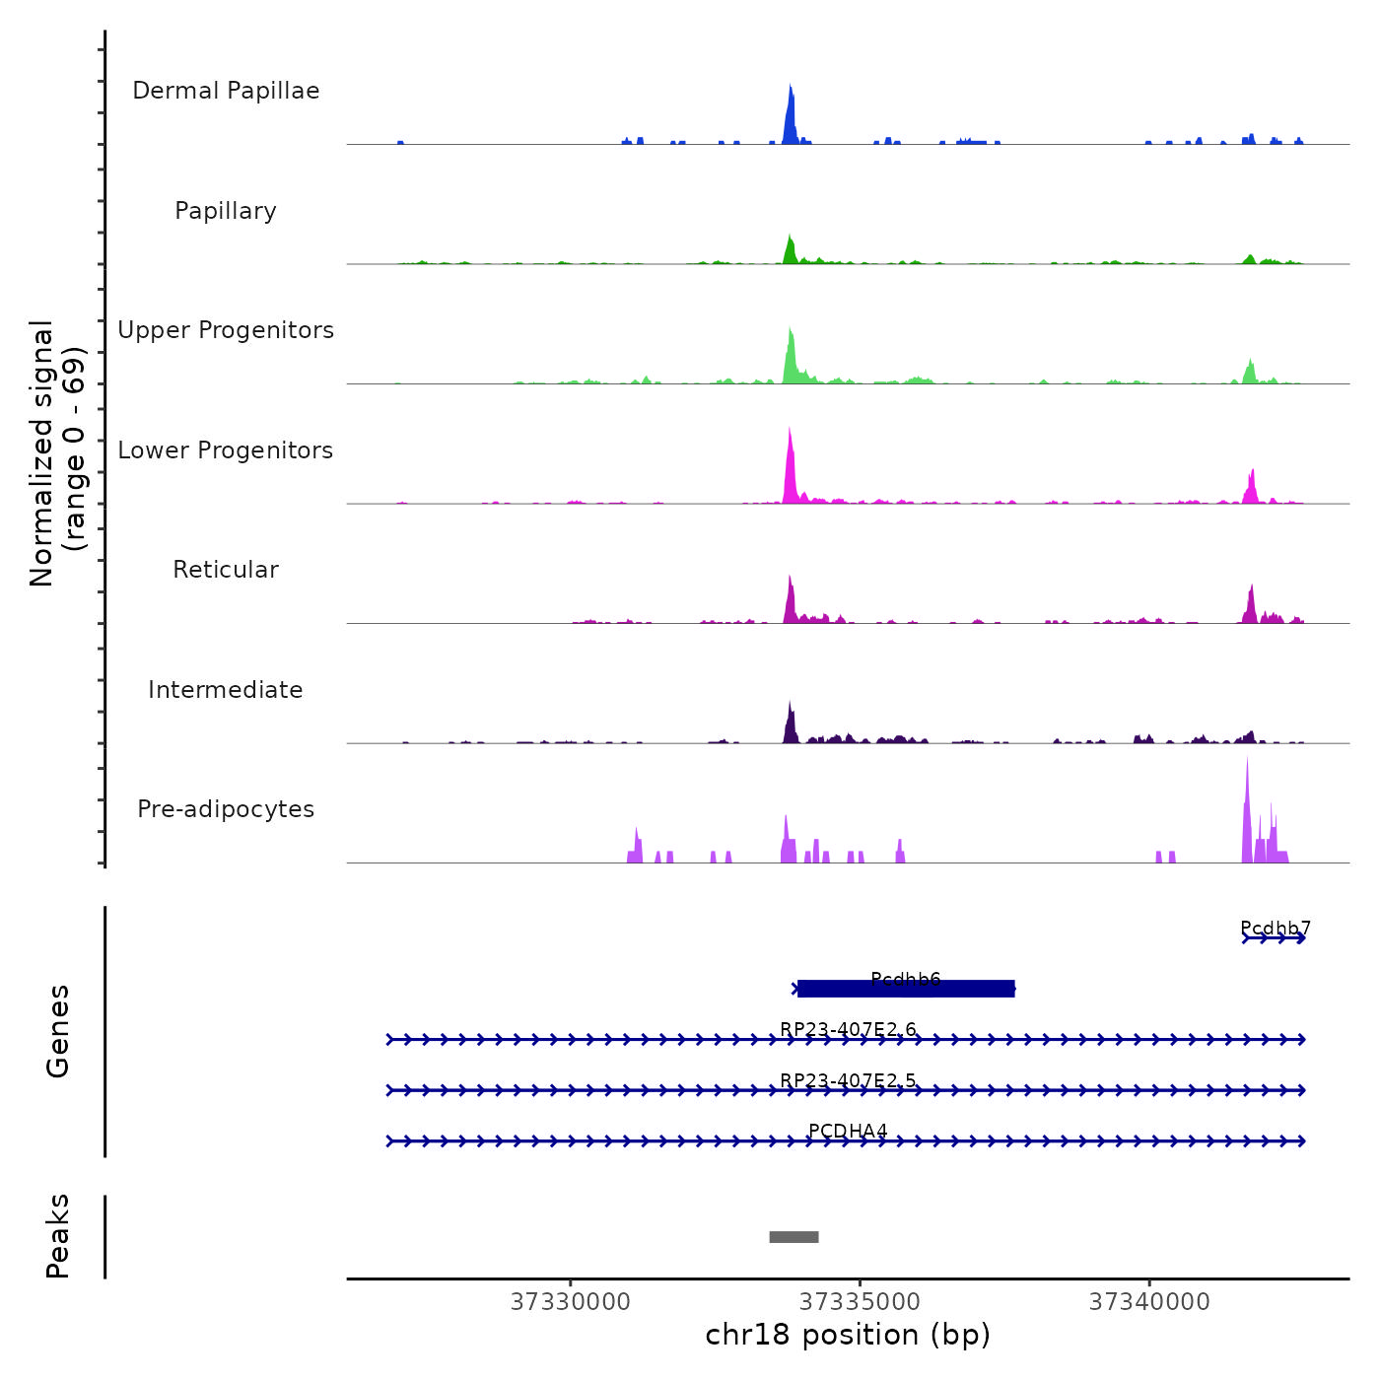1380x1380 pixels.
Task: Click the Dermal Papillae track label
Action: tap(226, 91)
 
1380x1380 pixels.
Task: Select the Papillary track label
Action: tap(226, 211)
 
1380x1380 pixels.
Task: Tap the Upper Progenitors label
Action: tap(226, 330)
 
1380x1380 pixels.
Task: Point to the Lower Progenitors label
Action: tap(226, 450)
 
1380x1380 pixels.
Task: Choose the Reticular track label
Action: tap(226, 570)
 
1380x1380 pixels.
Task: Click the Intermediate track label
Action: tap(226, 690)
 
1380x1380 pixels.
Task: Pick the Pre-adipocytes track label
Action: tap(226, 809)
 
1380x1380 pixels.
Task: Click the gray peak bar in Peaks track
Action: tap(793, 1237)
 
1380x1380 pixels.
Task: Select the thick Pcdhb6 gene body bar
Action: tap(906, 989)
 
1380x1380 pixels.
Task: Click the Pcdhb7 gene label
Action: tap(1275, 928)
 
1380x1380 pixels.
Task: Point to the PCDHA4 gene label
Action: tap(848, 1131)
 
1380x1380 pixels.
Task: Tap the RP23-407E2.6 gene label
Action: tap(848, 1029)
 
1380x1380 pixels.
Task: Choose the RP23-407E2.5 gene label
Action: tap(848, 1080)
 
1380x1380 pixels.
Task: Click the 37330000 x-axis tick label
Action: tap(570, 1302)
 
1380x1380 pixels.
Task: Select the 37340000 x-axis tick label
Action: tap(1149, 1302)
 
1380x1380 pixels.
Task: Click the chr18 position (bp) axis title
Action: tap(848, 1335)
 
